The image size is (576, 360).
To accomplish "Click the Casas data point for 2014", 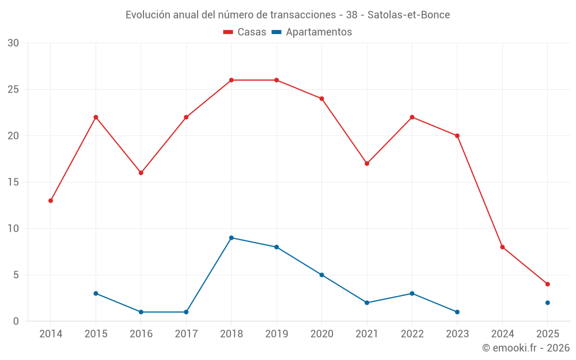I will click(51, 200).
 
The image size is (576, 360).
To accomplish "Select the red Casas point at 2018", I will click(231, 80).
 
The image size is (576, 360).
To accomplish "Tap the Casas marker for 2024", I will click(502, 247).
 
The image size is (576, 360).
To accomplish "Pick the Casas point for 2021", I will click(367, 164).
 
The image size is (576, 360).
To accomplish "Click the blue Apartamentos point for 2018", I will click(231, 238).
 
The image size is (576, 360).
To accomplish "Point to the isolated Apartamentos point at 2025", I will click(547, 302).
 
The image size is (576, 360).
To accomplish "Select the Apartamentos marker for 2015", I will click(96, 293).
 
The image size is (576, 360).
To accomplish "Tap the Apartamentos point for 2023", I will click(457, 312).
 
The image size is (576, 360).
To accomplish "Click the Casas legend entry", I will click(245, 32).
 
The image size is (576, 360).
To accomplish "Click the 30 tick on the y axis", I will click(13, 43).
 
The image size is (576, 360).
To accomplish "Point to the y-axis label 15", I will click(13, 182).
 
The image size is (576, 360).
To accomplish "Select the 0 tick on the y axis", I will click(16, 321).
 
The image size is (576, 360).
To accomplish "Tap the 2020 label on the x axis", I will click(321, 334).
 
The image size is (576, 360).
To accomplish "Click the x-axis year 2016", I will click(141, 334).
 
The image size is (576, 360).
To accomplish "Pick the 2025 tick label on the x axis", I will click(547, 334).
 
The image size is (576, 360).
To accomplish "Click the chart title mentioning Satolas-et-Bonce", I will click(288, 14).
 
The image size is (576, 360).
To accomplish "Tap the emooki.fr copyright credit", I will click(525, 348).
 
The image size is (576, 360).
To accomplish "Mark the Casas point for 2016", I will click(141, 173).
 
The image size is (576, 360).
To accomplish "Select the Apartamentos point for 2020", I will click(321, 275).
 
